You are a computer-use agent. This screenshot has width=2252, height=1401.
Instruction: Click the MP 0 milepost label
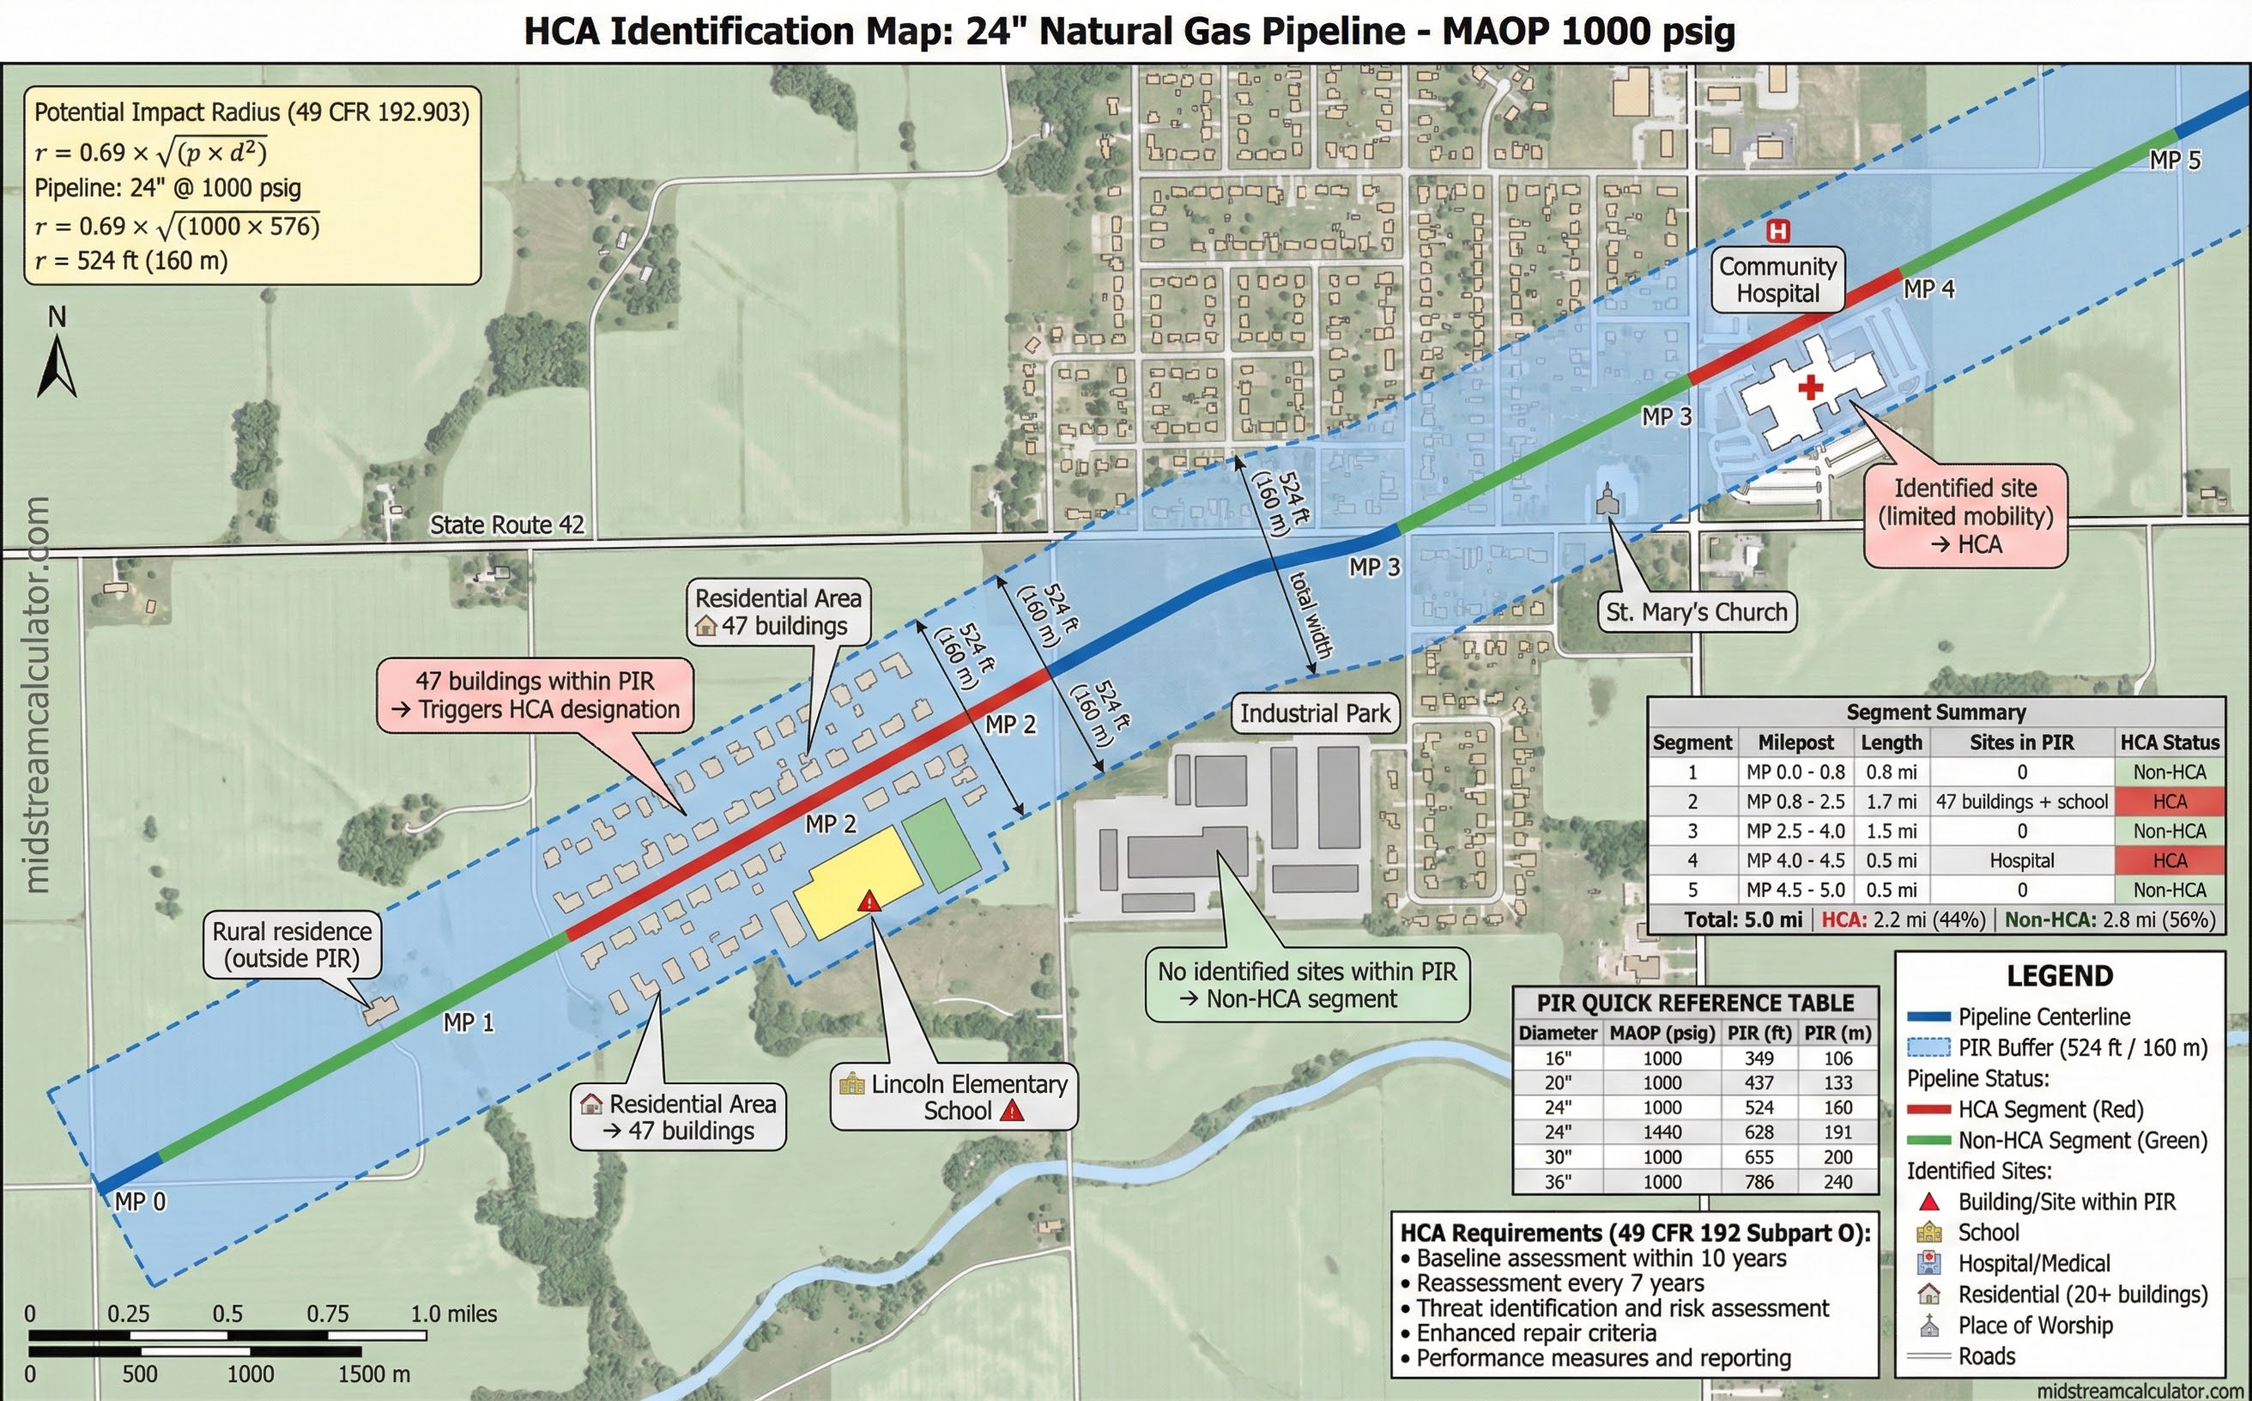pyautogui.click(x=140, y=1202)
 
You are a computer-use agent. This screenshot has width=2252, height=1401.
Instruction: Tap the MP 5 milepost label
pyautogui.click(x=2174, y=161)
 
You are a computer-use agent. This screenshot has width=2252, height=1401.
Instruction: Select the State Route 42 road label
pyautogui.click(x=506, y=525)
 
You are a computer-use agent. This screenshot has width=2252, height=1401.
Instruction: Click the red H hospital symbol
pyautogui.click(x=1777, y=230)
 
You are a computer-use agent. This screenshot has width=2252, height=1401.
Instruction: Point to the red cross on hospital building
pyautogui.click(x=1810, y=386)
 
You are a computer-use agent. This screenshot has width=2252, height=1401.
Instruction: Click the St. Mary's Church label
pyautogui.click(x=1696, y=612)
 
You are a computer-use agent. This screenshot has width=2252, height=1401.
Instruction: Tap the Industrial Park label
pyautogui.click(x=1315, y=713)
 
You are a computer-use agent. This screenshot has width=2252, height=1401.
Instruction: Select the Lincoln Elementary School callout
pyautogui.click(x=954, y=1097)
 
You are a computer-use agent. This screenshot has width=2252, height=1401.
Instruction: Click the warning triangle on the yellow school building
pyautogui.click(x=869, y=901)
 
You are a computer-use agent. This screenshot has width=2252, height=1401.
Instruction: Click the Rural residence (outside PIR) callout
pyautogui.click(x=292, y=944)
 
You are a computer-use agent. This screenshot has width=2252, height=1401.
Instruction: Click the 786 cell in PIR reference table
pyautogui.click(x=1759, y=1181)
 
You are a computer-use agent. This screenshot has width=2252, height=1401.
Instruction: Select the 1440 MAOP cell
pyautogui.click(x=1662, y=1132)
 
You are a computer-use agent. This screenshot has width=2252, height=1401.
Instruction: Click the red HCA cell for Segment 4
pyautogui.click(x=2169, y=860)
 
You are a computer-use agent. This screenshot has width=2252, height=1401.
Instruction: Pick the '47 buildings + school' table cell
pyautogui.click(x=2021, y=802)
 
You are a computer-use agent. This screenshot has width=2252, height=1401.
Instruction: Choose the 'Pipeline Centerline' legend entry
pyautogui.click(x=2043, y=1016)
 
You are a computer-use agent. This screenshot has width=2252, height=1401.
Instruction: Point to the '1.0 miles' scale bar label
pyautogui.click(x=454, y=1314)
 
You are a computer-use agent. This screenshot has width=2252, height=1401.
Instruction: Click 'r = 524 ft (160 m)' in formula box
pyautogui.click(x=131, y=260)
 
